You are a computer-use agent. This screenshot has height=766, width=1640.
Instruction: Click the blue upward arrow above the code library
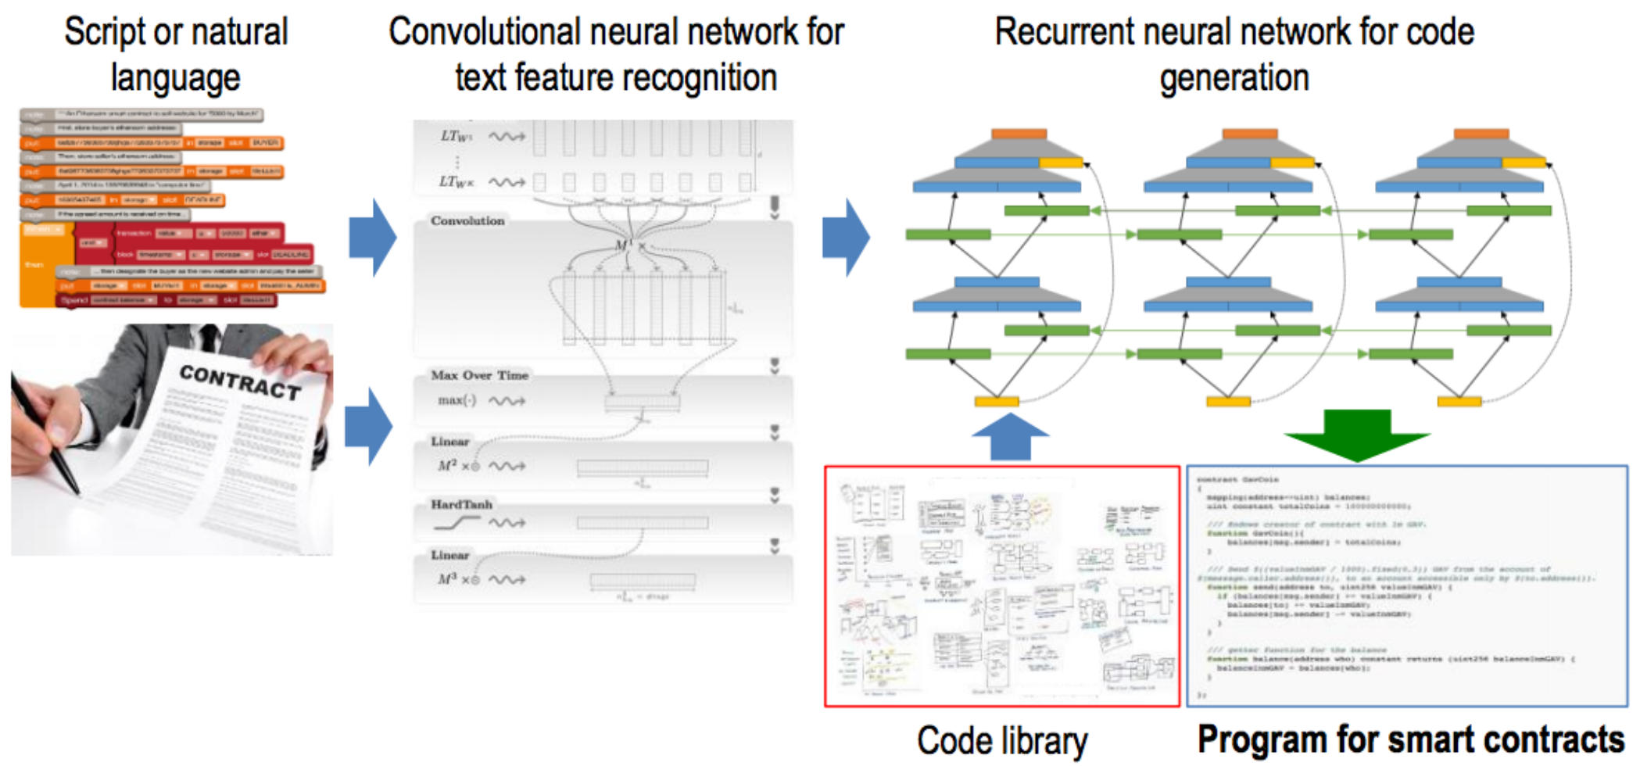[x=1010, y=438]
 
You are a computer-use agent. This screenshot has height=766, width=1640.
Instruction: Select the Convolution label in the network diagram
[x=467, y=221]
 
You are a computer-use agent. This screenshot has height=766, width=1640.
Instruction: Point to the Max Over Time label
[x=479, y=375]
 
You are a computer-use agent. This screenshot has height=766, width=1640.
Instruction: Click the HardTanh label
[x=461, y=504]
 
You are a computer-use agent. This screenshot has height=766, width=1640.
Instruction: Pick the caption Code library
[x=1002, y=740]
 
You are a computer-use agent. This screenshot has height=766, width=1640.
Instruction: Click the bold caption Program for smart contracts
[x=1410, y=739]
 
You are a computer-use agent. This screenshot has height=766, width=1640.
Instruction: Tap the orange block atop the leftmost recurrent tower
[x=1019, y=134]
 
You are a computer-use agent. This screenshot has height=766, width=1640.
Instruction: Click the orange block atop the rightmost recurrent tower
[x=1481, y=134]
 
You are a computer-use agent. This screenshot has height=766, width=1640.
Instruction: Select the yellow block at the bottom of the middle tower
[x=1228, y=402]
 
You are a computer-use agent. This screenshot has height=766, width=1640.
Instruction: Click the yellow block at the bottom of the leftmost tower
[x=996, y=402]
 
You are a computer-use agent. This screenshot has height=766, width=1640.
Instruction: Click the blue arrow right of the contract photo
[x=369, y=427]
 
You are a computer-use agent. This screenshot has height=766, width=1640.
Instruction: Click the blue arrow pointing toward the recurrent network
[x=846, y=238]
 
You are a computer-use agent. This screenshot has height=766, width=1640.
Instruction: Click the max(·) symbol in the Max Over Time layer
[x=457, y=400]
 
